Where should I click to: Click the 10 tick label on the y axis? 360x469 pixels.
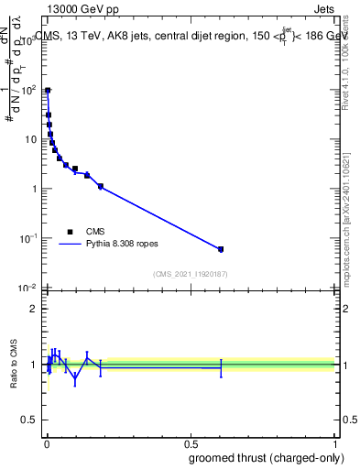pos(32,139)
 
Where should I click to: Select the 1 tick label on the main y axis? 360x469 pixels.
pos(35,189)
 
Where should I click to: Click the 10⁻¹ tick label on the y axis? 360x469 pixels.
pos(29,238)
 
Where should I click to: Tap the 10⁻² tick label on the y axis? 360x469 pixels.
pos(29,288)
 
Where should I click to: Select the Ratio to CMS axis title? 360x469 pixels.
pos(14,365)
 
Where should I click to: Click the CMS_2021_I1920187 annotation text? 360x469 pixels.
pos(190,274)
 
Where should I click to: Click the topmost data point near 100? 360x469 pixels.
pos(48,91)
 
